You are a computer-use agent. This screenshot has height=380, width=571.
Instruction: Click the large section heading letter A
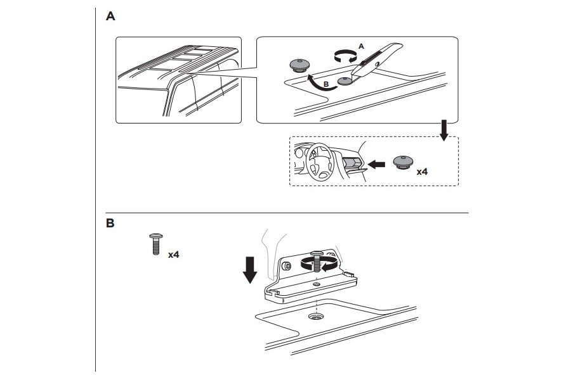point(110,16)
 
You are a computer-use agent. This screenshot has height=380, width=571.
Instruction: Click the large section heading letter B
point(110,223)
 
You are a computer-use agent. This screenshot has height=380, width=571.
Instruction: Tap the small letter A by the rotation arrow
point(361,46)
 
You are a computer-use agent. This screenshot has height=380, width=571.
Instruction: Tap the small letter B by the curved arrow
point(326,84)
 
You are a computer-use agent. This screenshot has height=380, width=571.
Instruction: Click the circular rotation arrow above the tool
point(345,57)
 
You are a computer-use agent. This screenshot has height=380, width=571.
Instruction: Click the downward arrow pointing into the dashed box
point(444,130)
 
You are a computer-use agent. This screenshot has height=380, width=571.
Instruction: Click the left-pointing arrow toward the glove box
point(376,165)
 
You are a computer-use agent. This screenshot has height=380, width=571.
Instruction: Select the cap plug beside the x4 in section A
point(404,162)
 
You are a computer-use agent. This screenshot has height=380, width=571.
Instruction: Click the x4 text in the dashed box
point(422,172)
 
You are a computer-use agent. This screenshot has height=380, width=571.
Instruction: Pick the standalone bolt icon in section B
point(156,244)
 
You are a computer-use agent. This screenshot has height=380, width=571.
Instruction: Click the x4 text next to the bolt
point(173,255)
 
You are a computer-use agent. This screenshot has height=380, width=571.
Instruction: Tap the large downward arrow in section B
point(250,269)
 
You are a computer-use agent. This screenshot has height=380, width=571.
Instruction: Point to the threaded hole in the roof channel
point(315,317)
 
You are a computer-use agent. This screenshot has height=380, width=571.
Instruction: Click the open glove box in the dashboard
point(351,162)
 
